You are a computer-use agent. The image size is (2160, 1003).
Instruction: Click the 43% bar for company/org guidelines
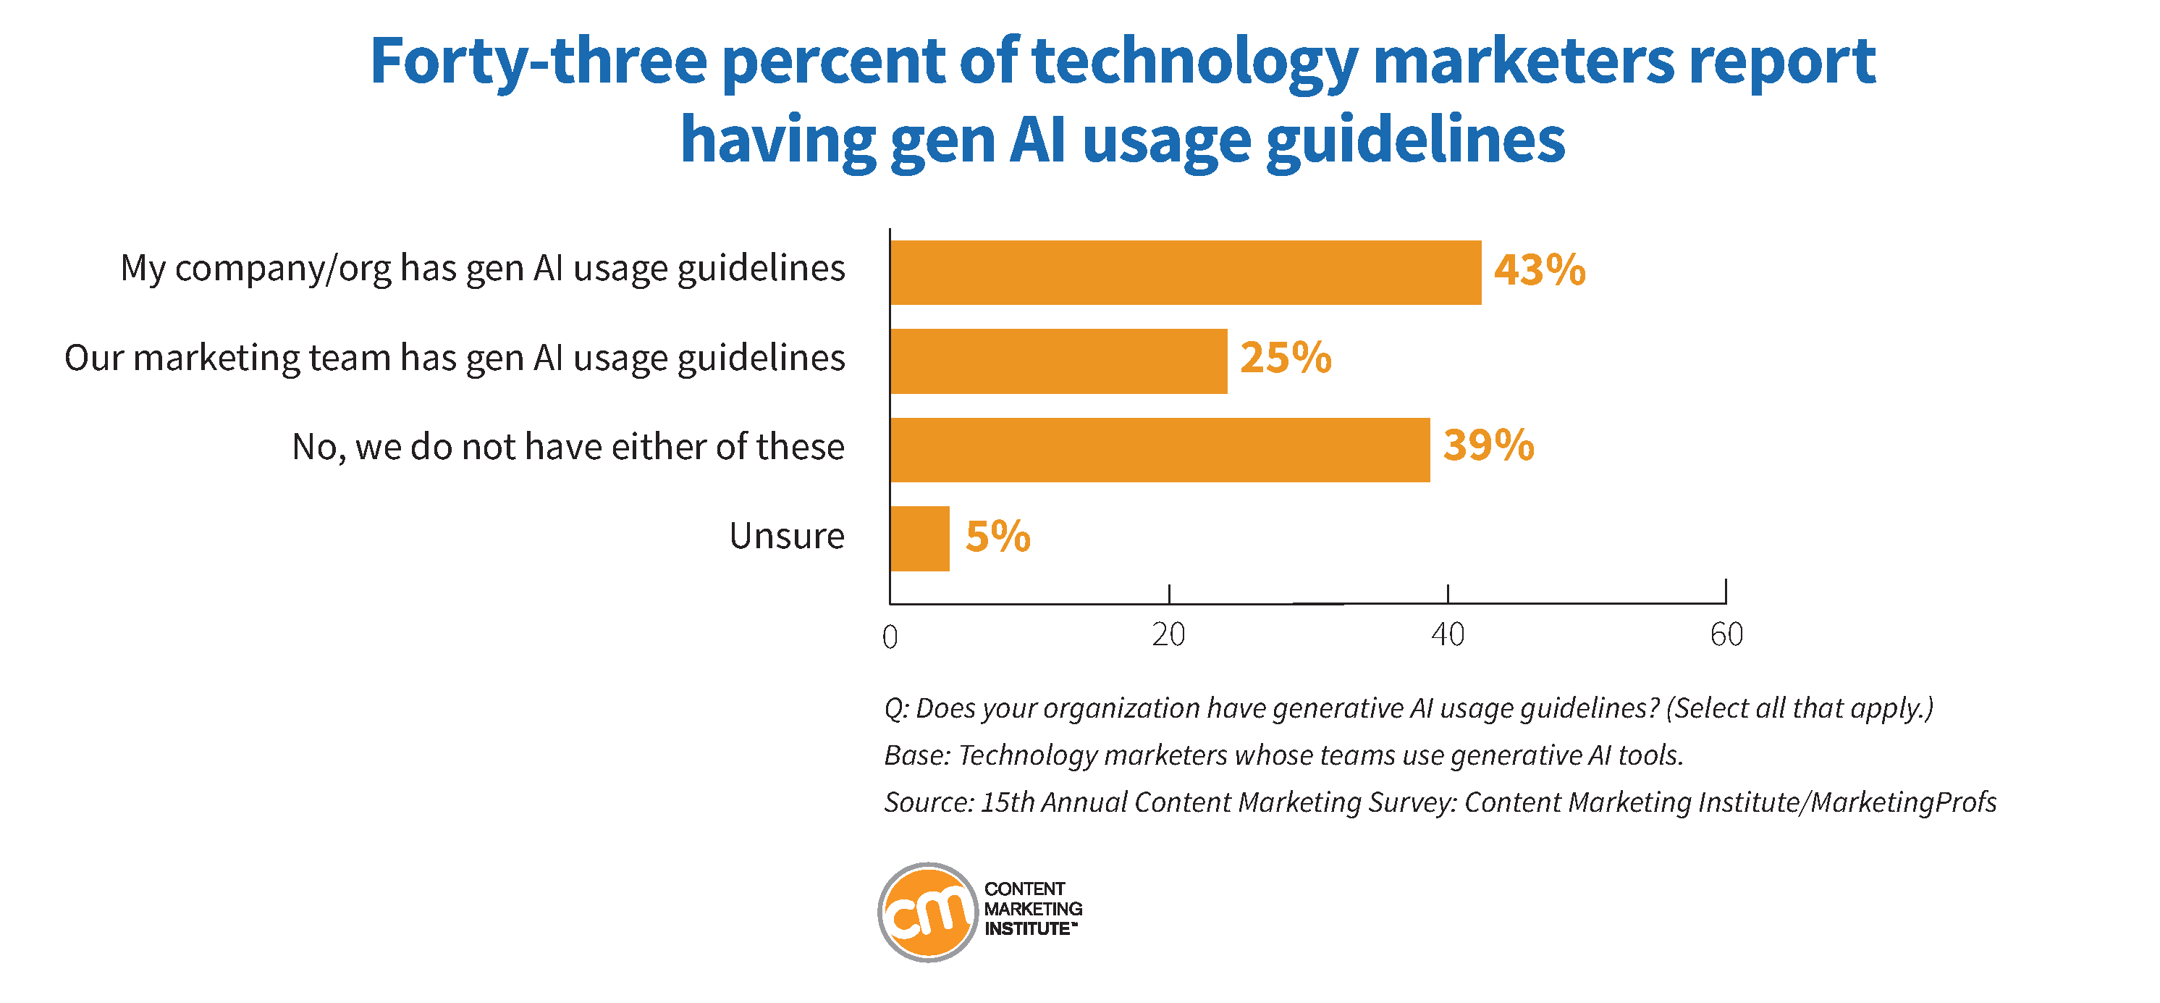(x=1185, y=272)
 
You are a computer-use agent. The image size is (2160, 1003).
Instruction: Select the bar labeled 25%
(x=1058, y=361)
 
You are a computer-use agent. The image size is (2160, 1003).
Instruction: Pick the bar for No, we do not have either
(x=1160, y=450)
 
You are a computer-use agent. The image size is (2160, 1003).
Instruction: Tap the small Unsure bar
(x=919, y=538)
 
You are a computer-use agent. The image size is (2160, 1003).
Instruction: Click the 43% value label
(x=1540, y=270)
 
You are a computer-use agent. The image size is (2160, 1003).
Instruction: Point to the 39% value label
(x=1488, y=445)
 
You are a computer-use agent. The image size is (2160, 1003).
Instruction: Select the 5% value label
(x=997, y=537)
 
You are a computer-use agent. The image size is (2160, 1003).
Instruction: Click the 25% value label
(x=1286, y=358)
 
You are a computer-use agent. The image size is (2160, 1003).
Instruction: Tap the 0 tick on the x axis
(x=890, y=637)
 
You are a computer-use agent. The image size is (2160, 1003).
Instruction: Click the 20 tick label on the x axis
(x=1168, y=635)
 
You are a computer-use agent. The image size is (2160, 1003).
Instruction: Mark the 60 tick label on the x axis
(x=1726, y=635)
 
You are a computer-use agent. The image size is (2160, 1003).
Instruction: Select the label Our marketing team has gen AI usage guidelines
(x=455, y=358)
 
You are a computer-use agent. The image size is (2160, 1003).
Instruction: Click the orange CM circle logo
(x=927, y=912)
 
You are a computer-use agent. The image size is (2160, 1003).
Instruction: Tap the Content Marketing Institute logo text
(x=1032, y=908)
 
